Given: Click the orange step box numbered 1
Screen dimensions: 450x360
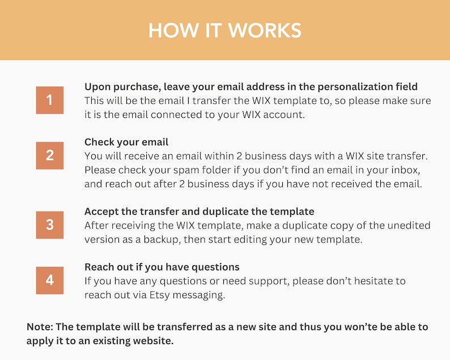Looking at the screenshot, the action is point(50,100).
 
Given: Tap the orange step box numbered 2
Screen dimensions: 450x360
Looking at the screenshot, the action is point(50,155).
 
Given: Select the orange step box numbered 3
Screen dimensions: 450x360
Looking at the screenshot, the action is point(50,225).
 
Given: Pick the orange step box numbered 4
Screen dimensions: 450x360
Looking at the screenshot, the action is point(50,280).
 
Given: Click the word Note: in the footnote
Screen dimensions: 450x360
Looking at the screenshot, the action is point(40,327).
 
